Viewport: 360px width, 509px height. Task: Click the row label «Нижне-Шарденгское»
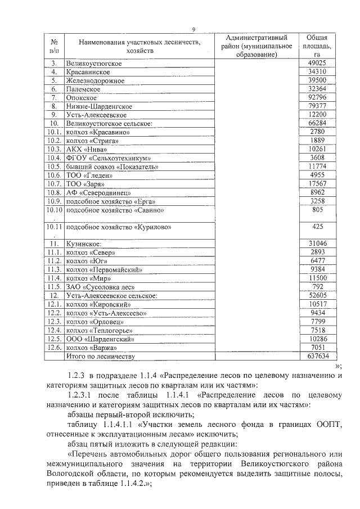(99, 106)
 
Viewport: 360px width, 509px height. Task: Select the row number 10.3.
(55, 150)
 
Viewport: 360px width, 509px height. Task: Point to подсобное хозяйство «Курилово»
(118, 227)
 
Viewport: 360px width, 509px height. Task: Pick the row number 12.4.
(55, 330)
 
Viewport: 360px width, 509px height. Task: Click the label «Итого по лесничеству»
(101, 357)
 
